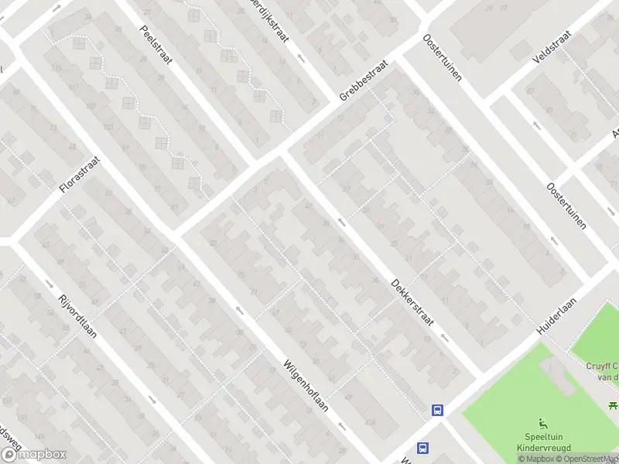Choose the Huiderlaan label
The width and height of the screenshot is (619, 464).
click(x=559, y=312)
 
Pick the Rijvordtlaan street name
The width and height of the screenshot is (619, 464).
click(x=77, y=317)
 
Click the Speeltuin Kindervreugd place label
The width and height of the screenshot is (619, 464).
click(x=543, y=442)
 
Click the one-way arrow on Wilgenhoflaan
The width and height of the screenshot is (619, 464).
click(x=239, y=311)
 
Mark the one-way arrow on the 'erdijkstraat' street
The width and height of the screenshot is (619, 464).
click(x=301, y=58)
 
